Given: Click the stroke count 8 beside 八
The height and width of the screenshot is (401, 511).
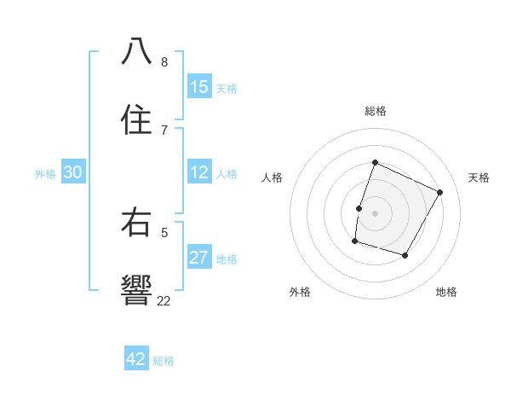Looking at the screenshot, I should pos(164,61).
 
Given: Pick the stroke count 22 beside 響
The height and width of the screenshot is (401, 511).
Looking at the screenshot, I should pos(164,300).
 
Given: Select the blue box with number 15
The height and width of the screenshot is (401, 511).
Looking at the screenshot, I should pos(199,87).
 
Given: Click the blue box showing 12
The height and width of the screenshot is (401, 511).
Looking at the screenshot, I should pos(199,172).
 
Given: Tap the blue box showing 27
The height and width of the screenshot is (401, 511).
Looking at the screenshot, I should pos(199,258).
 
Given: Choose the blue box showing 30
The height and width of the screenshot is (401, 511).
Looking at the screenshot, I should pos(73,172).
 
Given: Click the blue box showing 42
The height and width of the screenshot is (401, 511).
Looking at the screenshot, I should pos(136,359).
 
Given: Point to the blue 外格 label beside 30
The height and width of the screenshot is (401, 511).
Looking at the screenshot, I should pos(46,173).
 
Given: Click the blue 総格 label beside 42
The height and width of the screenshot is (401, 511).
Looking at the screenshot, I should pos(164,360).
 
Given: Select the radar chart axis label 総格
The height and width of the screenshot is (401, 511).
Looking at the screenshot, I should pos(376,111).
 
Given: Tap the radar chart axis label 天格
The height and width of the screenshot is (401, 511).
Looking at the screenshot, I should pos(479,177).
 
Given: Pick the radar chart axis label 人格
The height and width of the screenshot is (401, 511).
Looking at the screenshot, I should pos(273,177).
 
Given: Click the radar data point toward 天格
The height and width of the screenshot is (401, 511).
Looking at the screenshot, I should pos(439,192).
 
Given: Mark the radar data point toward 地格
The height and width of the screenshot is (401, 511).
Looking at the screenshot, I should pos(405,255).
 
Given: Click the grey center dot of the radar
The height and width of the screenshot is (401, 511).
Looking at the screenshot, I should pos(376,212).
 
